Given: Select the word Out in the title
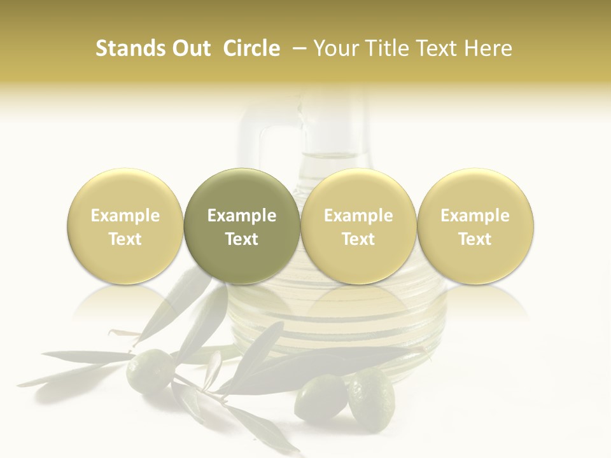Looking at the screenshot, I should tap(190, 48).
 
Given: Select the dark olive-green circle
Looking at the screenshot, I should tap(242, 226).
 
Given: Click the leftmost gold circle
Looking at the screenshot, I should tap(125, 226).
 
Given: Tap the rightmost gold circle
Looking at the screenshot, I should tap(475, 226).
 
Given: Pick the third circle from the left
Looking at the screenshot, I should tap(358, 226).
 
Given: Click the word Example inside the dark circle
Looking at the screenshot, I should tap(242, 216).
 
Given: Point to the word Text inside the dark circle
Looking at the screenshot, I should tap(242, 239).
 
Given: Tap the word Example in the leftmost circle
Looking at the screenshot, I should tap(125, 216).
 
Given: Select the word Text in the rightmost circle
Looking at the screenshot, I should tap(475, 239).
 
